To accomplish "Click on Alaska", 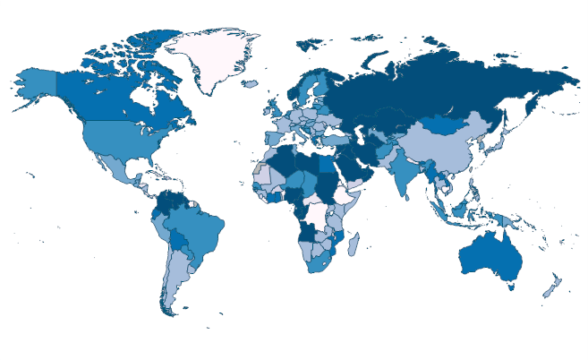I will [x=36, y=82].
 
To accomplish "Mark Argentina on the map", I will [x=175, y=274].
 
